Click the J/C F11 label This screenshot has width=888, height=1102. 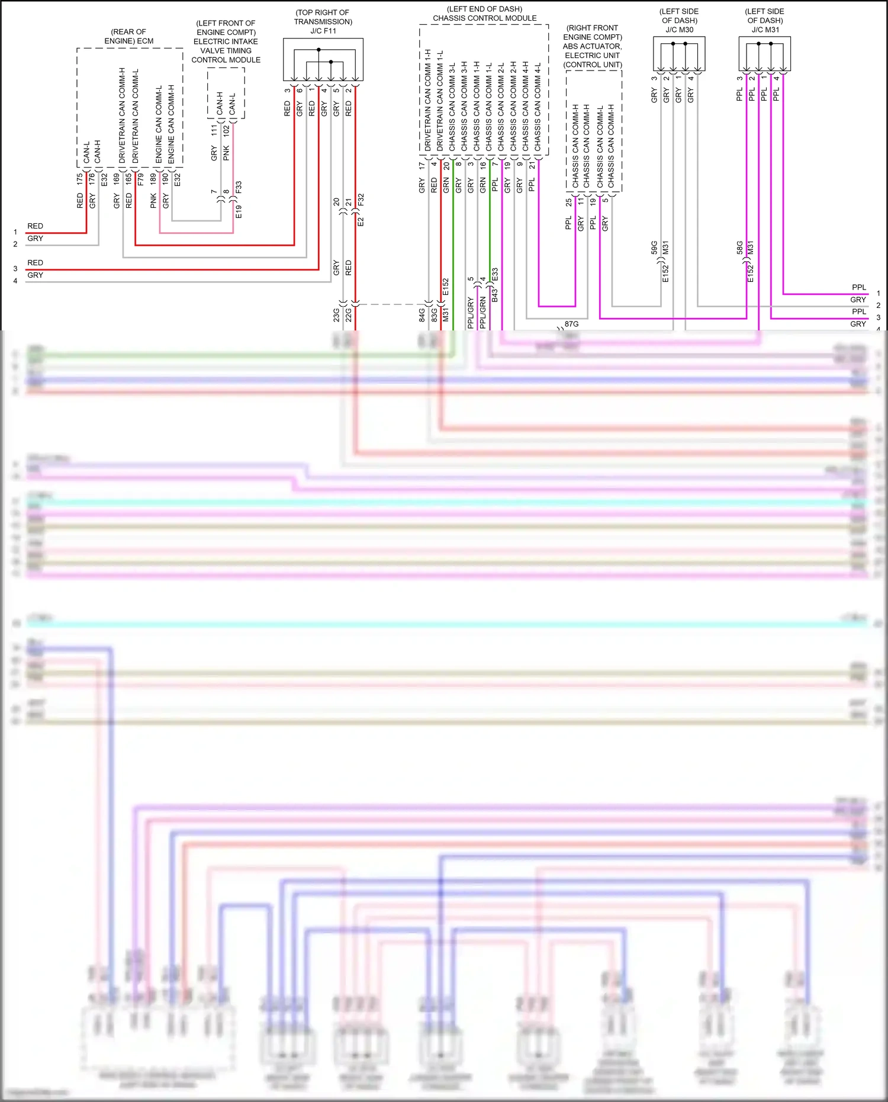pos(323,31)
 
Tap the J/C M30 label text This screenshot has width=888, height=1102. pos(679,30)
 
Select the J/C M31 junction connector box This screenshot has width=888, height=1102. pos(764,54)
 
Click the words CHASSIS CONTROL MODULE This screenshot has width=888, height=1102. pos(484,18)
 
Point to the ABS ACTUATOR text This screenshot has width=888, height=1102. pos(592,46)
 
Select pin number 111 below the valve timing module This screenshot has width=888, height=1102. pos(214,131)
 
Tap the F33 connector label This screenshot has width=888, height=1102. pos(239,188)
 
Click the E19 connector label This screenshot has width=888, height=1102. pos(239,212)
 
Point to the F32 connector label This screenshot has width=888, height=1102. pos(361,200)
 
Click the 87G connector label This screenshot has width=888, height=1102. pos(571,324)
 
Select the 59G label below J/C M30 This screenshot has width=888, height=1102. pos(654,248)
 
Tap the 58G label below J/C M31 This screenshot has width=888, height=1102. pos(739,248)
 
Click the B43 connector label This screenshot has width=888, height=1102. pos(495,295)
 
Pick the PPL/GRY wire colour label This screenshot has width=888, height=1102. pos(471,313)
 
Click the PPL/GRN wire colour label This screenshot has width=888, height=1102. pos(482,313)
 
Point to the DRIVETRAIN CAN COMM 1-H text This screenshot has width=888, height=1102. pos(427,99)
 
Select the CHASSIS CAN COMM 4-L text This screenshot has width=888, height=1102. pos(538,107)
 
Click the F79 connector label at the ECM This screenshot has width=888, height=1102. pos(140,179)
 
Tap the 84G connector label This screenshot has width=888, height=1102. pos(422,314)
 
